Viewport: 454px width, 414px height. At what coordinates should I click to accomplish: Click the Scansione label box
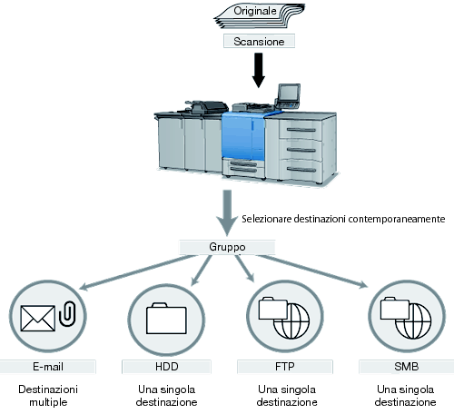259,41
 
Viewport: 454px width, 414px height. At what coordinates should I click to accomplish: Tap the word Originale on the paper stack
255,11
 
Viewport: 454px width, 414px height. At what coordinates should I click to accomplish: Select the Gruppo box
227,247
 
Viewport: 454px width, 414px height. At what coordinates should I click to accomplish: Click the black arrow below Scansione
259,70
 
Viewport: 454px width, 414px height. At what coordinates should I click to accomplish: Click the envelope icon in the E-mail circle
38,318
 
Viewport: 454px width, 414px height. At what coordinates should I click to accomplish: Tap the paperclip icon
67,313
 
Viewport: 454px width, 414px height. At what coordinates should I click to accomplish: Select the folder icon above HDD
166,319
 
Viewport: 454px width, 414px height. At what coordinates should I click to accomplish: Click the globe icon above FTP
291,320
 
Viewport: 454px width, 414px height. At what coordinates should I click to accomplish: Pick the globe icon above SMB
413,320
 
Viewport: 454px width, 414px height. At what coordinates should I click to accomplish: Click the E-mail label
48,367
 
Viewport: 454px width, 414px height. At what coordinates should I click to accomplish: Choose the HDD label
166,367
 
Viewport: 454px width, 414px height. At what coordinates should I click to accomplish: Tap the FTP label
285,367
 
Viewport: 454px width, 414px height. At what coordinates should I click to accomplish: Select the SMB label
407,367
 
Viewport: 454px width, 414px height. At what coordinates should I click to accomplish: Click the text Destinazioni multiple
48,396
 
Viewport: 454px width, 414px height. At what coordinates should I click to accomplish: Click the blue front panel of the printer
243,135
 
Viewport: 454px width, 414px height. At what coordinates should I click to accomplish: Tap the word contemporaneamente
397,219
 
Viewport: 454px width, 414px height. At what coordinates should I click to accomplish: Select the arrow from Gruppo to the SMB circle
312,271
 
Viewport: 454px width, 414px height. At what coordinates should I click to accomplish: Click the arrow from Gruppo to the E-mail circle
139,272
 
